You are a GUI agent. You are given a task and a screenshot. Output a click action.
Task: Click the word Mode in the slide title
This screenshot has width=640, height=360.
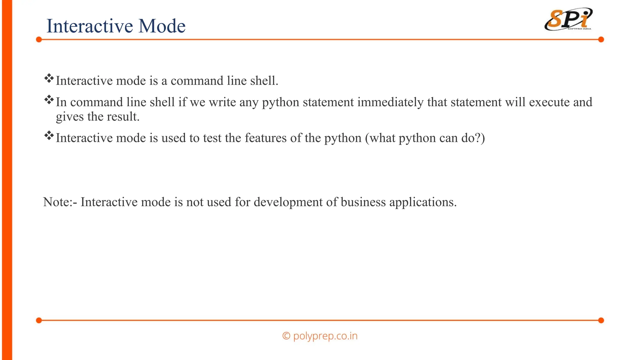pos(162,26)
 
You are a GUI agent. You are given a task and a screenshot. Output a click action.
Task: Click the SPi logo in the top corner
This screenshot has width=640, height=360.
pos(568,20)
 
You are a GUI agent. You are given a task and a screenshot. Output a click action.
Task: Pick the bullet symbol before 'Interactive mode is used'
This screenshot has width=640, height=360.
pos(49,136)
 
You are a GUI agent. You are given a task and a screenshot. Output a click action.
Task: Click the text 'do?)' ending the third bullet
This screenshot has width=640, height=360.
pos(473,138)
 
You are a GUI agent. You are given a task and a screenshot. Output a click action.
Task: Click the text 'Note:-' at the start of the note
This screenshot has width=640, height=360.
pos(60,202)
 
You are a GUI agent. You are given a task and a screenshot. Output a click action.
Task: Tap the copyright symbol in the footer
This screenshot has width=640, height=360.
pos(286,336)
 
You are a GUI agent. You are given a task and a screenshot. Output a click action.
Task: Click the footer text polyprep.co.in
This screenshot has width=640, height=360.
pos(325,336)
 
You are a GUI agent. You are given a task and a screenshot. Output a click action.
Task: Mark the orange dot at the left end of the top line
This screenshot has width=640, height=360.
pos(39,39)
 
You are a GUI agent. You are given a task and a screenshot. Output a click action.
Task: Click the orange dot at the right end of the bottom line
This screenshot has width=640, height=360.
pos(601,320)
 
